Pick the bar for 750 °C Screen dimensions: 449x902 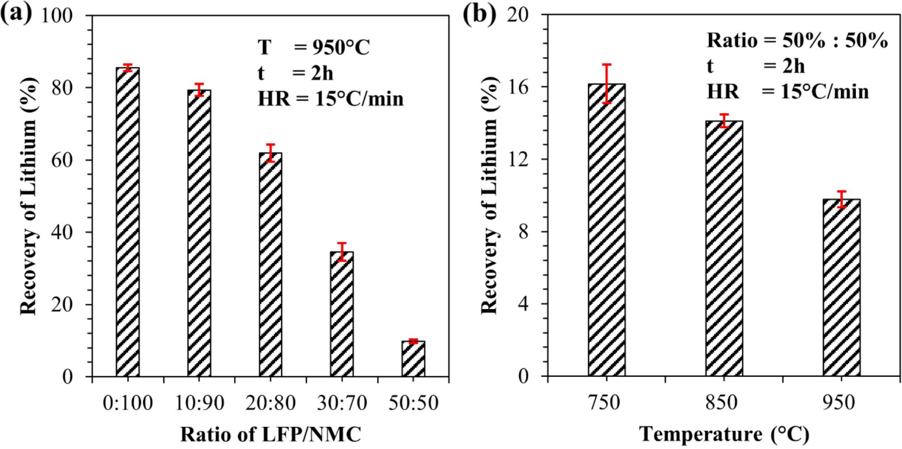(606, 230)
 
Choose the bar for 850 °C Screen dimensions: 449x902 (724, 248)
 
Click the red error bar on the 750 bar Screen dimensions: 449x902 (606, 84)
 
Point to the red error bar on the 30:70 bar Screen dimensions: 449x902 (342, 252)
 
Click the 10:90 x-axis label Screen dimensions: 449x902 (199, 403)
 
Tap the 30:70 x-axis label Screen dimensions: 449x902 (342, 403)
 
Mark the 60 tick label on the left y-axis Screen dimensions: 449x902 (62, 160)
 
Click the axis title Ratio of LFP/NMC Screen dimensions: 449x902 (270, 434)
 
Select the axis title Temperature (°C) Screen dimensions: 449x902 (724, 434)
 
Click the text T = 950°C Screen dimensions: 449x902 (313, 47)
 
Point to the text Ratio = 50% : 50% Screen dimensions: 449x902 (796, 40)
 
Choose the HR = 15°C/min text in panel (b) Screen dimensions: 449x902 (787, 92)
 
